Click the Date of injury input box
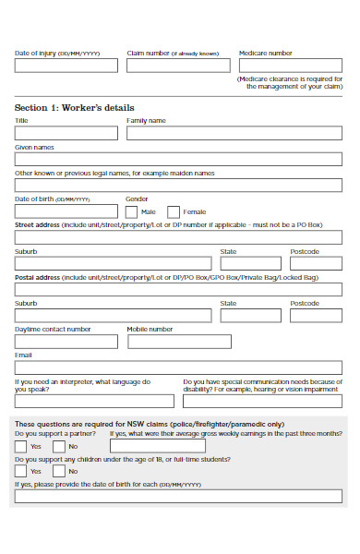[66, 66]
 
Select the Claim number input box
[178, 66]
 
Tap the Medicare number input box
[290, 66]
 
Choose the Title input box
[66, 132]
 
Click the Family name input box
[234, 132]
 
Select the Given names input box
[179, 158]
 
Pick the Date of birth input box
[66, 211]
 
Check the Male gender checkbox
[132, 211]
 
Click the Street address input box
[179, 237]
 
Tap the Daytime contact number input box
[66, 341]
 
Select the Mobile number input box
[177, 341]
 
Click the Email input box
[179, 367]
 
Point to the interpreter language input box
[94, 401]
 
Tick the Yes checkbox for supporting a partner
[20, 446]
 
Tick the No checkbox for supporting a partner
[58, 446]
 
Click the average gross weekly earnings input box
[225, 446]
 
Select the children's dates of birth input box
[179, 496]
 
